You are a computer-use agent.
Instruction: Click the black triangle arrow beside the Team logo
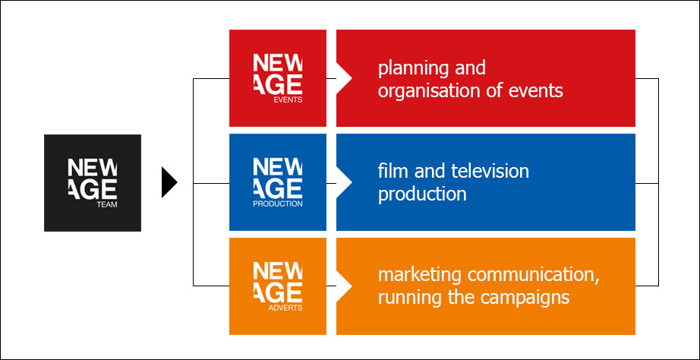pyautogui.click(x=169, y=182)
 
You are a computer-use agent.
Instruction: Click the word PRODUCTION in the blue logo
pyautogui.click(x=278, y=204)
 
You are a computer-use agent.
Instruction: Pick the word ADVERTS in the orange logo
pyautogui.click(x=285, y=308)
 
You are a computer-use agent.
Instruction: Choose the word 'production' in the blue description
pyautogui.click(x=422, y=194)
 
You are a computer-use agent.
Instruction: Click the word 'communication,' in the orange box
pyautogui.click(x=532, y=275)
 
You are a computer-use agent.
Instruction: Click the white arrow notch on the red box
pyautogui.click(x=344, y=79)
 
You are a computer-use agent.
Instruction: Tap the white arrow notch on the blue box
pyautogui.click(x=344, y=182)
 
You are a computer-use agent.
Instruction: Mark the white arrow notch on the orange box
pyautogui.click(x=344, y=286)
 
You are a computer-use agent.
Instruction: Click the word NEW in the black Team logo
pyautogui.click(x=93, y=168)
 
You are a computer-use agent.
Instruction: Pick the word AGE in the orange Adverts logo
pyautogui.click(x=278, y=292)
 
